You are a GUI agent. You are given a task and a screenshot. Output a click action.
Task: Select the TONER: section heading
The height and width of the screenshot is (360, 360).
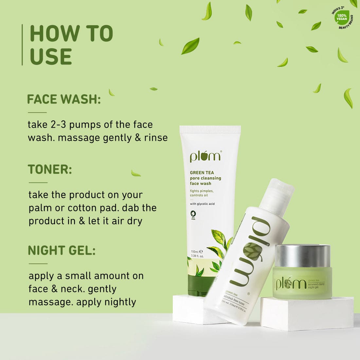pyautogui.click(x=50, y=170)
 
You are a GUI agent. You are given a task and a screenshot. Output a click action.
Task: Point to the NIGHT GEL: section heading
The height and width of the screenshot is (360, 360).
pyautogui.click(x=62, y=250)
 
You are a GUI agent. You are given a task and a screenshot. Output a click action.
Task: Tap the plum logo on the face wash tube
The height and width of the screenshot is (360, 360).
pyautogui.click(x=206, y=156)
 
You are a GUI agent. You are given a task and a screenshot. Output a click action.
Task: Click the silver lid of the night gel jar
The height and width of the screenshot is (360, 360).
pyautogui.click(x=303, y=256)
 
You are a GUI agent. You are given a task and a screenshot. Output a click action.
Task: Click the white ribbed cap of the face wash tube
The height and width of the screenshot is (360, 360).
pyautogui.click(x=210, y=130)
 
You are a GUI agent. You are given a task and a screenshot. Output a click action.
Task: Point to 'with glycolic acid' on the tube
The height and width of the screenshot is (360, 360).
pyautogui.click(x=202, y=204)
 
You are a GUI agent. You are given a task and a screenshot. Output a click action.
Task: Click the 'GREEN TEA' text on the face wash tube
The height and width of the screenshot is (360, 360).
pyautogui.click(x=202, y=172)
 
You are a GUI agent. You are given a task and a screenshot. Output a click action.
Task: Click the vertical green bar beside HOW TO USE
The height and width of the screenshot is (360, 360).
pyautogui.click(x=22, y=45)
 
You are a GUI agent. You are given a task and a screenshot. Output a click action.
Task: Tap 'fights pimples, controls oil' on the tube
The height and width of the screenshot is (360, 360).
pyautogui.click(x=202, y=193)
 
